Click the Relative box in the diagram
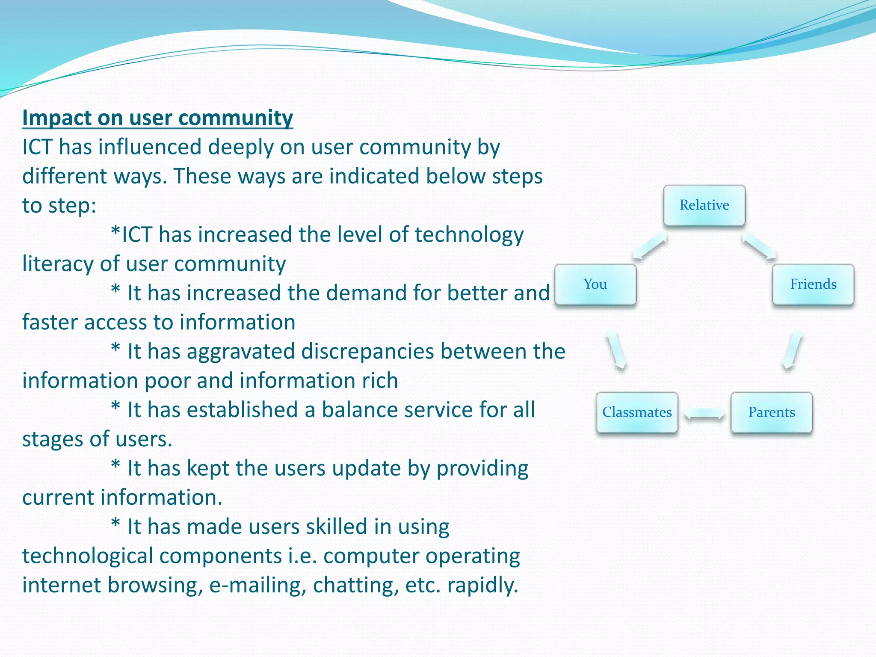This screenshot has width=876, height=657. coord(704,205)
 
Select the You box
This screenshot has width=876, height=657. coord(595,284)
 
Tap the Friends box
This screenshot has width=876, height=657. coord(813,284)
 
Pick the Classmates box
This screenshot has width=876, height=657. coord(637,412)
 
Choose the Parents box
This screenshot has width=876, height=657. coord(771,412)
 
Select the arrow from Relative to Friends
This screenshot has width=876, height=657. coord(759,247)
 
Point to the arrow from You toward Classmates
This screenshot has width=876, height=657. coord(616,350)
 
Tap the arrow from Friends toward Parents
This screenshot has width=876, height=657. coord(792,350)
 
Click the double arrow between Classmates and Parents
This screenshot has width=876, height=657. coord(704,414)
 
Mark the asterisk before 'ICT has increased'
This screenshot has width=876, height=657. coord(115,234)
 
